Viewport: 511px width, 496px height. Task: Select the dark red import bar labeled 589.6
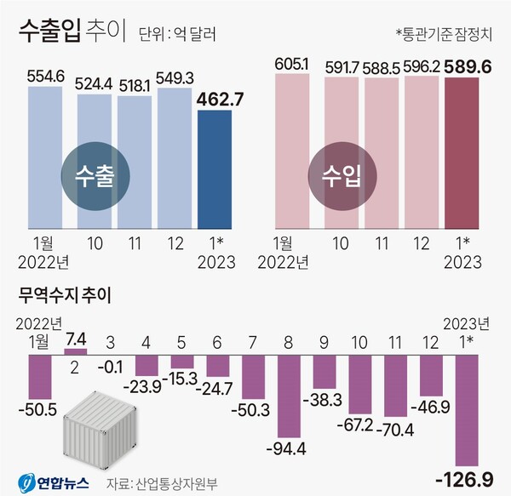pyautogui.click(x=468, y=153)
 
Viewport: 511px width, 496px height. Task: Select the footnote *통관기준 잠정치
pyautogui.click(x=444, y=35)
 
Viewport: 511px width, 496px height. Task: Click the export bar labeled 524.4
pyautogui.click(x=95, y=162)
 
